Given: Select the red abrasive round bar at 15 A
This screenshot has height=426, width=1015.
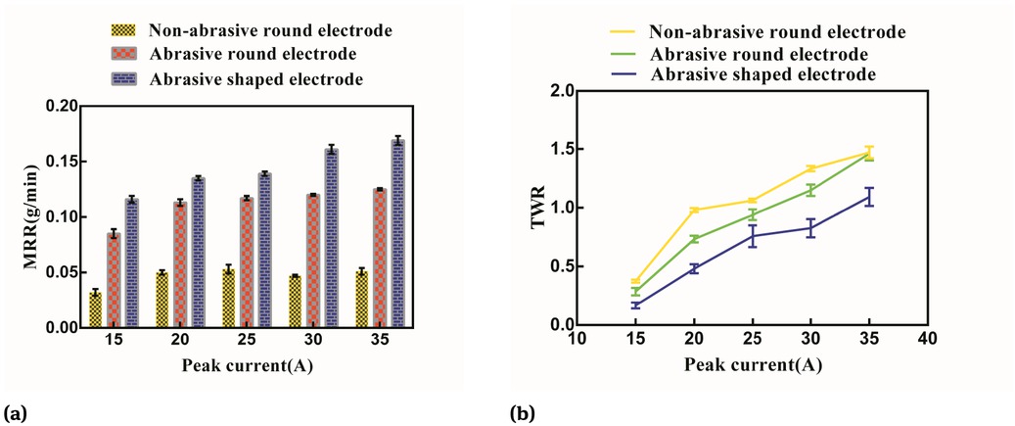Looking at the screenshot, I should click(114, 280).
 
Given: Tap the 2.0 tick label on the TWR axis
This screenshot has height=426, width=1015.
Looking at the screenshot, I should click(556, 91).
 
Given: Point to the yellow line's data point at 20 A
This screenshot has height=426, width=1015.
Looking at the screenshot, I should click(693, 211).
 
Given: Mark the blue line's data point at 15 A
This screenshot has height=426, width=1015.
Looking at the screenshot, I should click(634, 306).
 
